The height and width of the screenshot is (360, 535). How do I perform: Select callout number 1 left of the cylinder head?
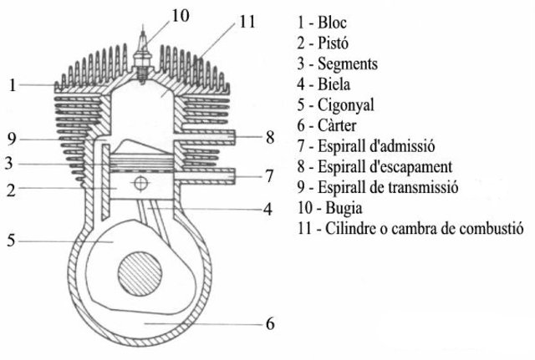click(x=13, y=84)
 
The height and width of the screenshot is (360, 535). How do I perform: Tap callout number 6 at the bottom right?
click(x=269, y=322)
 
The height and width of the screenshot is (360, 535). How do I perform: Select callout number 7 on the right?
click(x=269, y=175)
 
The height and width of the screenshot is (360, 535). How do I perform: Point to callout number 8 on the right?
click(x=269, y=136)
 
